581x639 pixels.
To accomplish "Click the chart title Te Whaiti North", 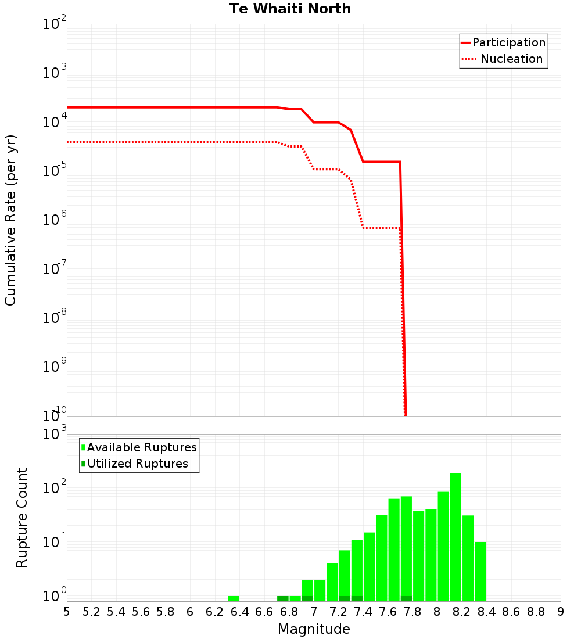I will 290,9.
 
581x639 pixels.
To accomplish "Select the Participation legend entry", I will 508,43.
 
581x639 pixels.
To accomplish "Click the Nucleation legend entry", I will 511,59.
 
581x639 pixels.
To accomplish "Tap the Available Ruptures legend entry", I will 142,447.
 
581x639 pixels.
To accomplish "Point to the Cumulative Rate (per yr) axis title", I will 11,220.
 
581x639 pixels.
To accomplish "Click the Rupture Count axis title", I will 22,518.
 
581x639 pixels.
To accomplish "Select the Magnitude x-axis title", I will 314,629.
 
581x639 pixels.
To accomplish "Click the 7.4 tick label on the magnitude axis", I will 363,612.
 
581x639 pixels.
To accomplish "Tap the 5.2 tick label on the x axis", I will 92,612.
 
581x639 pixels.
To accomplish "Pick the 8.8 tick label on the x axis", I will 536,612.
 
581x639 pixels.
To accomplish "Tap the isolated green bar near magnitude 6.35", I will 234,598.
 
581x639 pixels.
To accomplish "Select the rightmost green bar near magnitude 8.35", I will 480,572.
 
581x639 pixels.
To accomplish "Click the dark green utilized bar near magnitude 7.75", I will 406,598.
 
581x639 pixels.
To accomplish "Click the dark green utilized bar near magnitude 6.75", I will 283,598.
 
